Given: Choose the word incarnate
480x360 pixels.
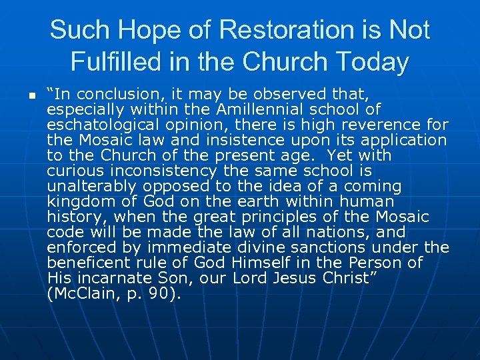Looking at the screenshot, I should point(124,278).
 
